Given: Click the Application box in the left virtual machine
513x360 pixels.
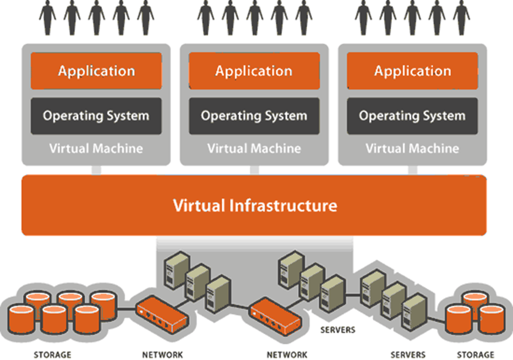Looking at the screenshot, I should tap(96, 71).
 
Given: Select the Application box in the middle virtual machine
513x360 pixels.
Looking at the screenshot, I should tap(254, 71).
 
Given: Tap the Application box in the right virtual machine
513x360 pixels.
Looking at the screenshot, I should tap(412, 71).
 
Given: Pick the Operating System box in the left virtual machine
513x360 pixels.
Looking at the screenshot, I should tap(96, 116).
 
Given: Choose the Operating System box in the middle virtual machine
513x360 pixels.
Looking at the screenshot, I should tap(254, 116).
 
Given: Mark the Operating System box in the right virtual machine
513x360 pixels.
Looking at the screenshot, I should tap(412, 116).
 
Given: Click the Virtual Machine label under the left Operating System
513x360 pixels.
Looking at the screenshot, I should tap(96, 148).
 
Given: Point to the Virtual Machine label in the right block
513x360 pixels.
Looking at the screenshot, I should tap(412, 148).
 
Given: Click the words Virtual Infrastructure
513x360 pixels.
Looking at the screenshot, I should tap(255, 206).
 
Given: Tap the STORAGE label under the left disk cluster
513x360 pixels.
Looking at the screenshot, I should tap(52, 355).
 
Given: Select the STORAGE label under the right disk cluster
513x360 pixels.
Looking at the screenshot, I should tap(475, 355).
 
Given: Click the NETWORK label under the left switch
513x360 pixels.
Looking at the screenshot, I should tap(162, 355).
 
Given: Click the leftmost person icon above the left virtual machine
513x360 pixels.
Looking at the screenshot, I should tap(48, 17).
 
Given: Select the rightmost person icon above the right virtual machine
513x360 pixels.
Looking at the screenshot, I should tap(461, 17).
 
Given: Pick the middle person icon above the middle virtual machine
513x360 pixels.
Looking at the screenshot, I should tap(255, 17).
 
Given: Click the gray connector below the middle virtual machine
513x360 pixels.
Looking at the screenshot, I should tap(255, 170).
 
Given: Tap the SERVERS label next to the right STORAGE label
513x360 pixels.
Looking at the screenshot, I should tap(408, 355).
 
